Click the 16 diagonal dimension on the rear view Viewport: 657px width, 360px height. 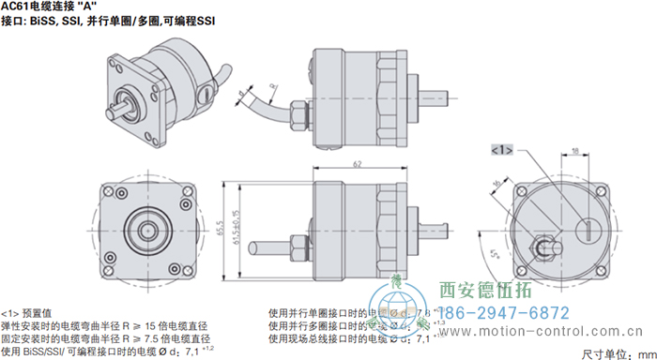[495, 184]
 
